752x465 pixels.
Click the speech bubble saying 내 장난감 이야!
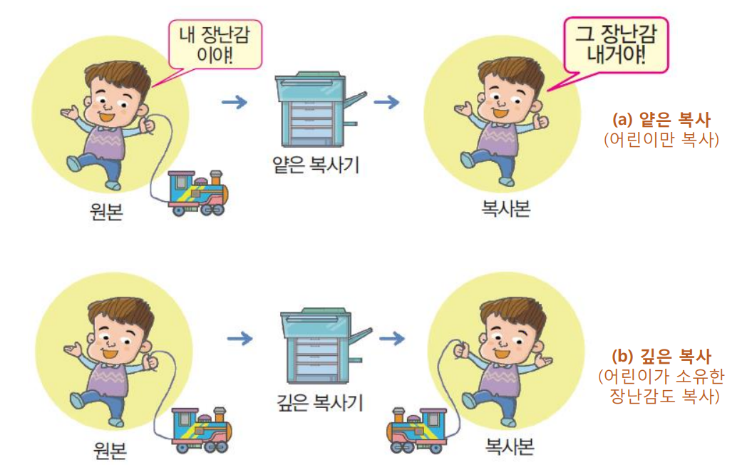click(x=215, y=45)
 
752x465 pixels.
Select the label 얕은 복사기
click(x=316, y=165)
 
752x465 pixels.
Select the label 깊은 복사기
click(x=319, y=402)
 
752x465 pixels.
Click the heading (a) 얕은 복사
click(x=661, y=120)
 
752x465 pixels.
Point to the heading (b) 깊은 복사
click(x=661, y=356)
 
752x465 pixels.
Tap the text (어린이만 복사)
click(x=661, y=140)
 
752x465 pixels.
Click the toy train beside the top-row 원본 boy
click(x=198, y=193)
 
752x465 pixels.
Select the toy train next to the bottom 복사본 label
click(x=417, y=431)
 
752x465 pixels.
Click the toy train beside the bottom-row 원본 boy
click(x=202, y=430)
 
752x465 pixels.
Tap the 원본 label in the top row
click(x=106, y=211)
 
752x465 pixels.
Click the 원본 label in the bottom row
click(x=110, y=449)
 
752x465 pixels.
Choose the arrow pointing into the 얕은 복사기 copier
click(x=235, y=102)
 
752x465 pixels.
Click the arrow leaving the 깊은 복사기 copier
click(x=392, y=338)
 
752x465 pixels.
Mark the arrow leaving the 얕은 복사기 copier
click(x=387, y=102)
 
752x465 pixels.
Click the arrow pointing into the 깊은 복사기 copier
click(x=239, y=338)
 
